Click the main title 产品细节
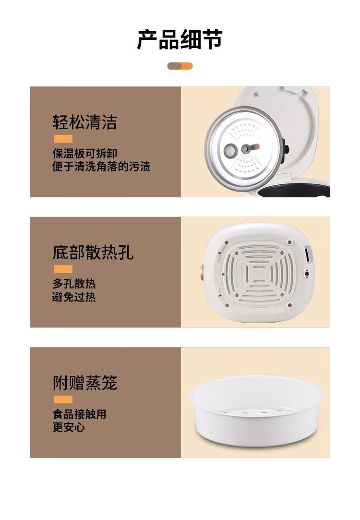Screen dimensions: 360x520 (180, 40)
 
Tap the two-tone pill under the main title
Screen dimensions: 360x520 (180, 66)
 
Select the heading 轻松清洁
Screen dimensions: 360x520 (85, 122)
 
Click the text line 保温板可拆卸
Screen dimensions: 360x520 (85, 153)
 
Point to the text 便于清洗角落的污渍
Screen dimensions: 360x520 (101, 166)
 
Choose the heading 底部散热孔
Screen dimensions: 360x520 (93, 253)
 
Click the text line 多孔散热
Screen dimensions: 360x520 (74, 284)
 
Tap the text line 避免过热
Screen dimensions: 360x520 (74, 297)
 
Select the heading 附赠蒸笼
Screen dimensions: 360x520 (85, 383)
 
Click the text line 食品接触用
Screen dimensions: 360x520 (80, 414)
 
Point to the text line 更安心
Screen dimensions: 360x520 (69, 427)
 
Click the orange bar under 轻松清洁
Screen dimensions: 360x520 (63, 139)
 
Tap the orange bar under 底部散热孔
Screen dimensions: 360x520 (63, 269)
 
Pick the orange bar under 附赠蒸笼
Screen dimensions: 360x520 (63, 399)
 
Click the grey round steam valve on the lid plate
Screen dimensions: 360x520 (230, 150)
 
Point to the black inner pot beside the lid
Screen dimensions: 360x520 (294, 189)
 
